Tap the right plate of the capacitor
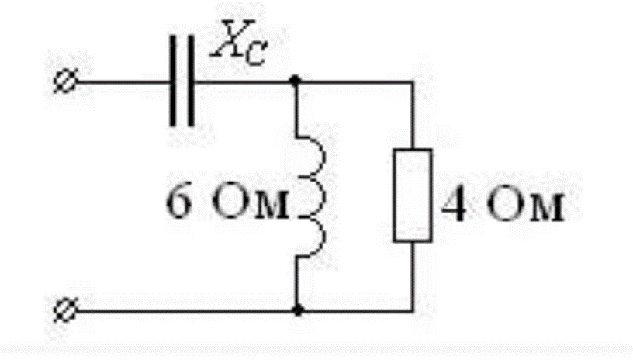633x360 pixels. click(x=191, y=81)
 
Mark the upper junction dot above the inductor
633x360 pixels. click(x=296, y=80)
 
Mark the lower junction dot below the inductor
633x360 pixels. click(x=296, y=311)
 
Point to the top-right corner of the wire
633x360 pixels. click(x=412, y=80)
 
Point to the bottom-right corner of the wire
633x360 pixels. click(x=412, y=311)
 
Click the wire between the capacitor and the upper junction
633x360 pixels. click(x=244, y=81)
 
